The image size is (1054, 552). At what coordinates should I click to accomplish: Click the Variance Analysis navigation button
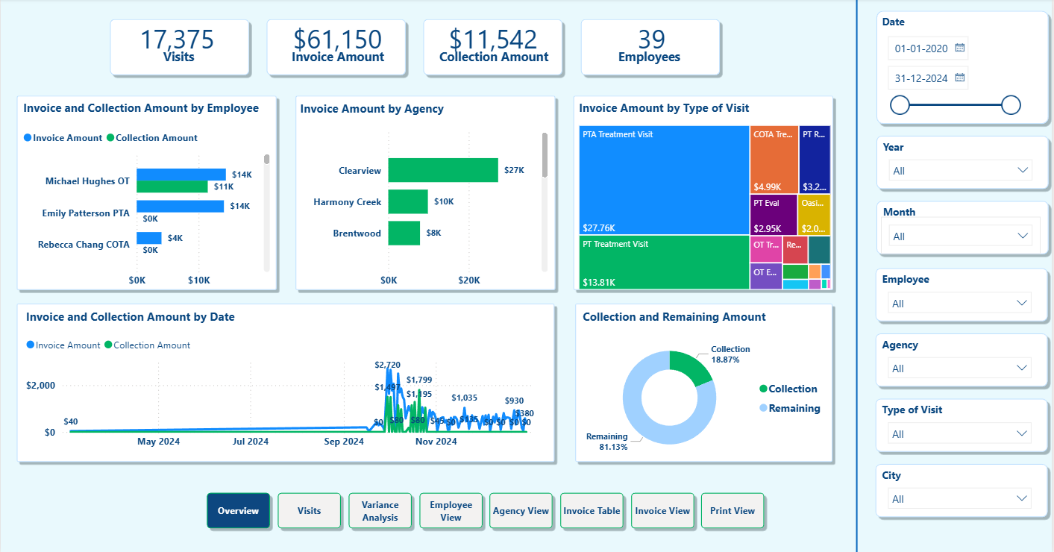[x=380, y=511]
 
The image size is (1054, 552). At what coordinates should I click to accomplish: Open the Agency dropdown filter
[x=961, y=368]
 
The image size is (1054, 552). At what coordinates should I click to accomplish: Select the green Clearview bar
[x=443, y=170]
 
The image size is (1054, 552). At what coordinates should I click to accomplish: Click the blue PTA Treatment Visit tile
[x=664, y=180]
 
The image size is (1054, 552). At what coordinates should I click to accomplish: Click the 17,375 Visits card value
[x=178, y=40]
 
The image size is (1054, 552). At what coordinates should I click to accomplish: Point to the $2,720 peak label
[x=387, y=365]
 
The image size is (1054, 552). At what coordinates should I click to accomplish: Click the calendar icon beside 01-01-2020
[x=960, y=48]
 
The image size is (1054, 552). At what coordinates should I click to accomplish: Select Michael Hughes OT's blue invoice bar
[x=181, y=175]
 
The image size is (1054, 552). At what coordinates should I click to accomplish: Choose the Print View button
[x=733, y=511]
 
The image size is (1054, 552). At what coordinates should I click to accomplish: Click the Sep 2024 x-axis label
[x=343, y=442]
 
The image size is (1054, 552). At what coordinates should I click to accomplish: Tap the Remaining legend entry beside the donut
[x=794, y=408]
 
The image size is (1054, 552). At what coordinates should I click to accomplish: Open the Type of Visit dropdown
[x=961, y=434]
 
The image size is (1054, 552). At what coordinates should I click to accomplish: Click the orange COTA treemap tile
[x=774, y=159]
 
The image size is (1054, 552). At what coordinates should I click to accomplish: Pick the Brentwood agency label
[x=357, y=233]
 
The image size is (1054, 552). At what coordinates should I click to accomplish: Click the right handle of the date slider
[x=1011, y=105]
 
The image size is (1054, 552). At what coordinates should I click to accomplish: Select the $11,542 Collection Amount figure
[x=493, y=40]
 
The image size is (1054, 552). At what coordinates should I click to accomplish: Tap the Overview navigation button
[x=238, y=511]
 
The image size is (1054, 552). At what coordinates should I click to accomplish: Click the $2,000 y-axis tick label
[x=40, y=386]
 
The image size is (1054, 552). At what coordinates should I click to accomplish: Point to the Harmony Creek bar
[x=408, y=202]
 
